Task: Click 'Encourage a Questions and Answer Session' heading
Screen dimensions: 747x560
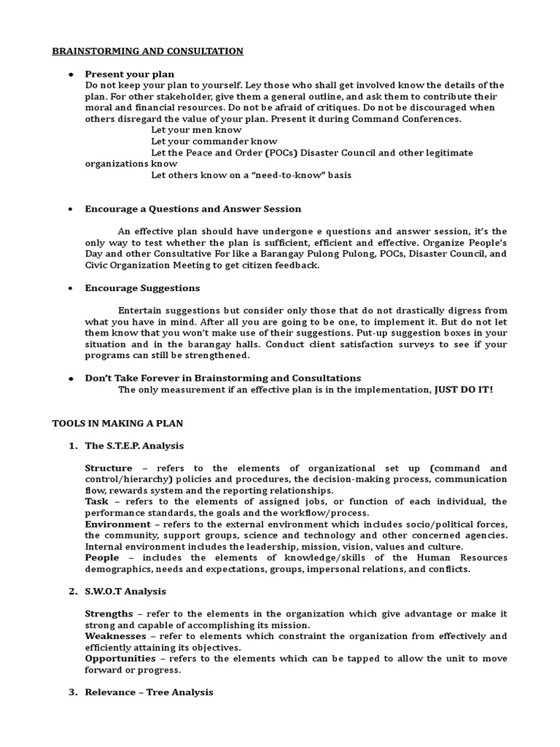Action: (192, 209)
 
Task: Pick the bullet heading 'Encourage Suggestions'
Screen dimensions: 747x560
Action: (142, 287)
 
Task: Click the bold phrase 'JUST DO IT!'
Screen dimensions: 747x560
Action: (464, 390)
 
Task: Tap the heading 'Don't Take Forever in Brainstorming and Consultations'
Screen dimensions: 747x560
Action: (222, 378)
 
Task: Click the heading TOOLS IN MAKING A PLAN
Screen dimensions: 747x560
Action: (117, 423)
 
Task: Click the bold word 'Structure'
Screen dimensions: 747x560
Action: (109, 468)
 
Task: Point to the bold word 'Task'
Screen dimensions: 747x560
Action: (96, 502)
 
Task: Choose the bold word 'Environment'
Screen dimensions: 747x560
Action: (117, 525)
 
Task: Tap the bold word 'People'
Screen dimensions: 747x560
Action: (101, 558)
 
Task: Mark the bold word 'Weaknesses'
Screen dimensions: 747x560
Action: (114, 636)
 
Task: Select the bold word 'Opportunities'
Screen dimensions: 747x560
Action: (120, 659)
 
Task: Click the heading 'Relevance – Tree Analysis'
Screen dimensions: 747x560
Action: (149, 692)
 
